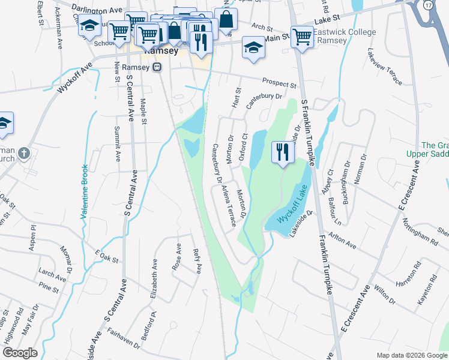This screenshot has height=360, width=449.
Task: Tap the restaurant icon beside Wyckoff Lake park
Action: click(x=282, y=152)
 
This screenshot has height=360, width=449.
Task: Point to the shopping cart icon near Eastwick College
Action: click(x=302, y=37)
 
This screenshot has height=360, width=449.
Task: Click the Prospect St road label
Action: click(x=279, y=83)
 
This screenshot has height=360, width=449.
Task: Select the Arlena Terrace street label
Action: click(x=228, y=206)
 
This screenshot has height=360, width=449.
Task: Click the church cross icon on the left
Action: click(x=24, y=153)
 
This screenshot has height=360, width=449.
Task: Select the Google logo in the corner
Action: click(x=20, y=352)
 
